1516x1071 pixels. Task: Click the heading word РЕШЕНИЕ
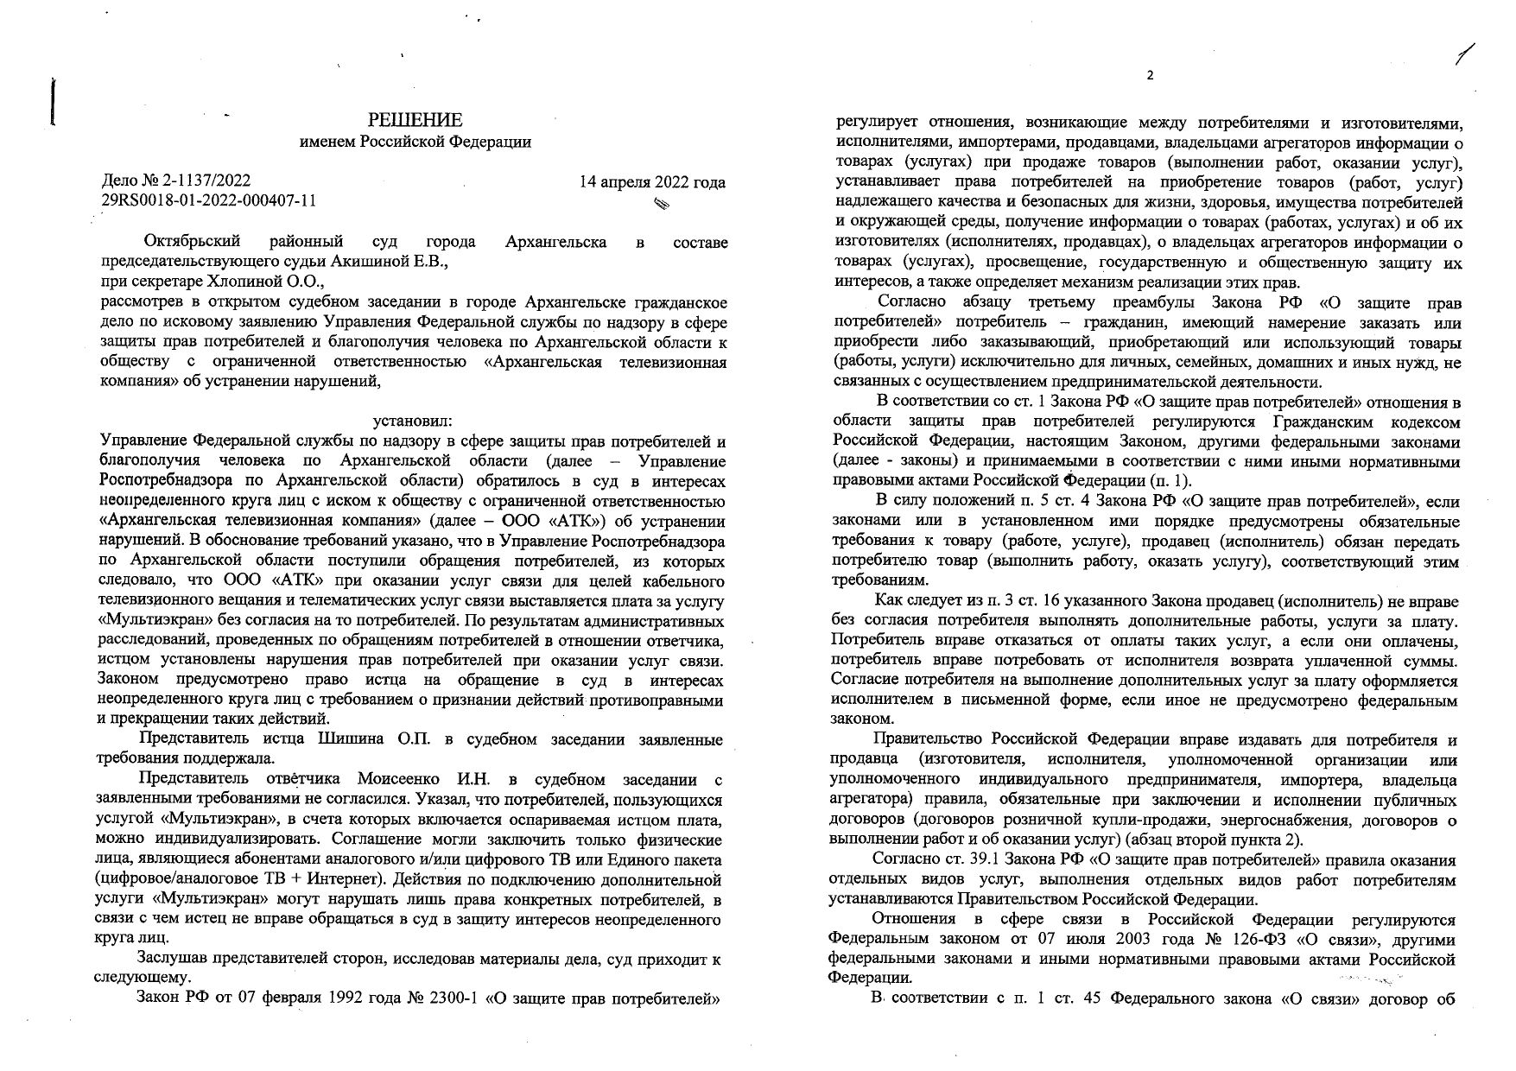pos(415,120)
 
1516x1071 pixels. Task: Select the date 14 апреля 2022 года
pos(652,182)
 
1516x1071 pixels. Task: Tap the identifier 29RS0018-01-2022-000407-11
pos(209,200)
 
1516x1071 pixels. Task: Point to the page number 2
pos(1149,75)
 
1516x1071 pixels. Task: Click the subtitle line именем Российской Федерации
pos(415,143)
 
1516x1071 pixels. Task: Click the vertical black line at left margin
pos(54,102)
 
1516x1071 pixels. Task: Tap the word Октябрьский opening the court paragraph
pos(193,242)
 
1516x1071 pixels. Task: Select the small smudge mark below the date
pos(663,204)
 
